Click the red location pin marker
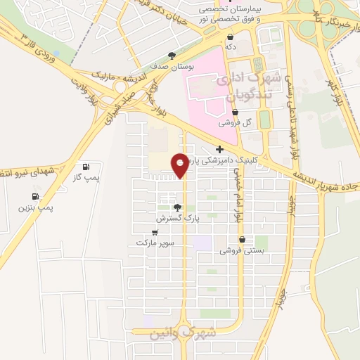pos(181,164)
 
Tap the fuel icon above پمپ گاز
pos(86,167)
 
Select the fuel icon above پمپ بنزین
pos(35,196)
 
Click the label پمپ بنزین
pos(36,208)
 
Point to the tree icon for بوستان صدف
pos(170,55)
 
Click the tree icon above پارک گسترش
pos(177,207)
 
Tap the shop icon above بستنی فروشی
pos(242,240)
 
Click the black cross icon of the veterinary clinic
pos(220,149)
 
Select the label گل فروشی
pos(234,122)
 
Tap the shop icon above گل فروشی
pos(234,111)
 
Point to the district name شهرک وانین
pos(179,332)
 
